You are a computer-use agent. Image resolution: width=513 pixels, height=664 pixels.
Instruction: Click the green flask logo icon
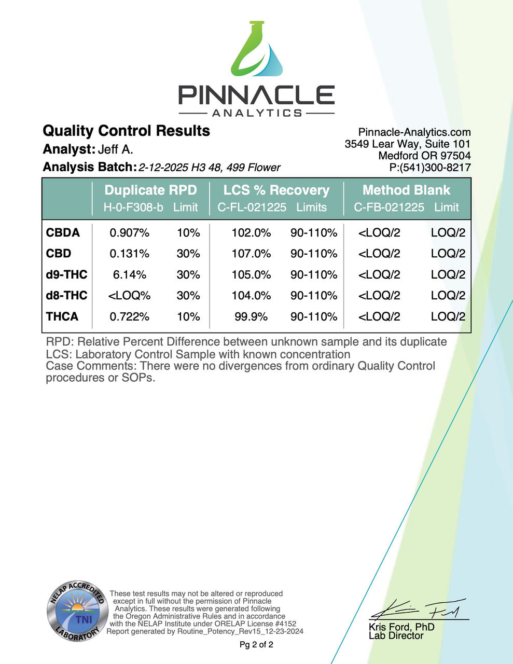click(257, 52)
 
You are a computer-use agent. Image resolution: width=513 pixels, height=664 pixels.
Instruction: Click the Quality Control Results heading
click(126, 131)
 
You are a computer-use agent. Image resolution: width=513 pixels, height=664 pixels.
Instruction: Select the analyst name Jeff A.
click(116, 149)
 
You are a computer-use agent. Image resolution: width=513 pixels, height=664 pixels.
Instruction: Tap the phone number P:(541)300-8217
click(430, 167)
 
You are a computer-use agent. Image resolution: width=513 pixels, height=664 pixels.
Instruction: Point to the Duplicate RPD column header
click(150, 190)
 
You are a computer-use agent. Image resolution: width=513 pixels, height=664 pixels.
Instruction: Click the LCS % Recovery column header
click(276, 190)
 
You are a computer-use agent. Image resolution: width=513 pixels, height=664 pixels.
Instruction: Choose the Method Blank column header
click(406, 190)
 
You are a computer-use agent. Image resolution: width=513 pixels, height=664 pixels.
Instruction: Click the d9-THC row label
click(66, 274)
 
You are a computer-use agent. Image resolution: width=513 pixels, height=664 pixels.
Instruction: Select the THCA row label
click(62, 316)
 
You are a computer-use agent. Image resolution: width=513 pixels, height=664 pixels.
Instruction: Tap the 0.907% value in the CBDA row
click(129, 233)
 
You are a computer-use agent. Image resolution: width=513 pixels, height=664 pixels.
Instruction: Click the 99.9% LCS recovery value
click(251, 316)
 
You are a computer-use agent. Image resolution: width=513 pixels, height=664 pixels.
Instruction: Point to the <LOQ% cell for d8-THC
click(129, 296)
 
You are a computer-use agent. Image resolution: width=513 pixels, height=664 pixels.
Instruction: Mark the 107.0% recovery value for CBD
click(251, 254)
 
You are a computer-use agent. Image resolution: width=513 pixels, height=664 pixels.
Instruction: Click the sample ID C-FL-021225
click(252, 208)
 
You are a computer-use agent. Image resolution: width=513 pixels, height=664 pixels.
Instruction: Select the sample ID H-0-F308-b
click(133, 208)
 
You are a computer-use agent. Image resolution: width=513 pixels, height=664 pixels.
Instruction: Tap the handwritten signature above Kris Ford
click(420, 610)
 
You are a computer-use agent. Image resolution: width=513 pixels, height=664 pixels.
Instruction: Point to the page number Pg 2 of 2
click(256, 645)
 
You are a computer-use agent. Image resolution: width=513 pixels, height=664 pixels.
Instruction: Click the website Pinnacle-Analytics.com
click(414, 132)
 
